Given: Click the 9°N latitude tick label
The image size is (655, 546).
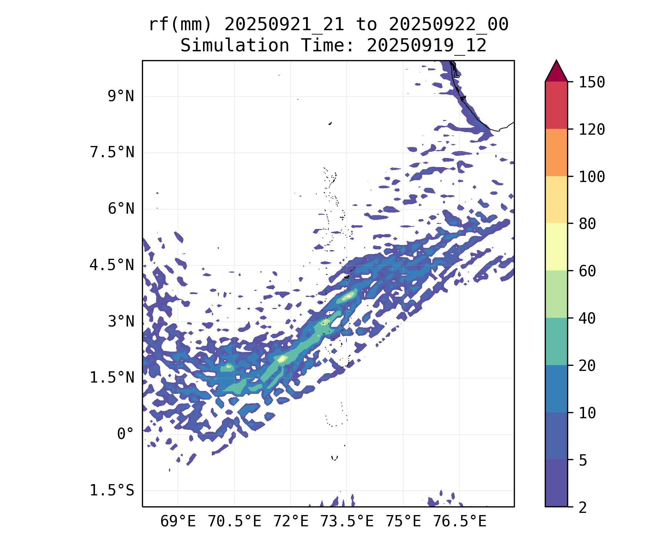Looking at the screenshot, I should point(121,96).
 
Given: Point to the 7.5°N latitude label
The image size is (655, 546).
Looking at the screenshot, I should point(112,153).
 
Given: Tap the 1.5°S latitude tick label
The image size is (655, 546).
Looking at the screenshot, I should point(112,491).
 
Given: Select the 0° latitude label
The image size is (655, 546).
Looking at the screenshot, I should point(126,434).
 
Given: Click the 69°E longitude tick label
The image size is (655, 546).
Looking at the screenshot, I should point(178,522).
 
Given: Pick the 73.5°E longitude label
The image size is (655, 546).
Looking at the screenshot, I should point(347,522).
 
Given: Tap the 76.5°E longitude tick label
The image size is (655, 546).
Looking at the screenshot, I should point(460,522).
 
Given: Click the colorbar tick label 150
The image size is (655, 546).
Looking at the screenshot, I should point(592,82).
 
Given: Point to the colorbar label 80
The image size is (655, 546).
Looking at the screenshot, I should point(587,224).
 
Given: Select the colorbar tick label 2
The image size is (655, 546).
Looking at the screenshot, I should point(583,507).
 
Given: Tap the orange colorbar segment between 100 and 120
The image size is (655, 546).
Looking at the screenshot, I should point(556,153).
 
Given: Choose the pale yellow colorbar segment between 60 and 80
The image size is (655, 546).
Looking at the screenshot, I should point(556,247).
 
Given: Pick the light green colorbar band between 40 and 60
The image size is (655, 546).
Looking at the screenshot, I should point(556,294).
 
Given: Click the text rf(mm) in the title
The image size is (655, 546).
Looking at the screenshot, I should point(180,25).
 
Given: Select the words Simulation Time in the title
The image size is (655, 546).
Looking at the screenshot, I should point(267,46).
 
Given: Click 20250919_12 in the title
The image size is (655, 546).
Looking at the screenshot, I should point(426,46).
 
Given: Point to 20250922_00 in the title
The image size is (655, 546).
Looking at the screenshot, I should point(448,25).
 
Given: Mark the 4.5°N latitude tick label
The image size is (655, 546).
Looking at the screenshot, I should point(112,265).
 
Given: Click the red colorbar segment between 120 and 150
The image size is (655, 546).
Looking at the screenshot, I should point(556,105).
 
